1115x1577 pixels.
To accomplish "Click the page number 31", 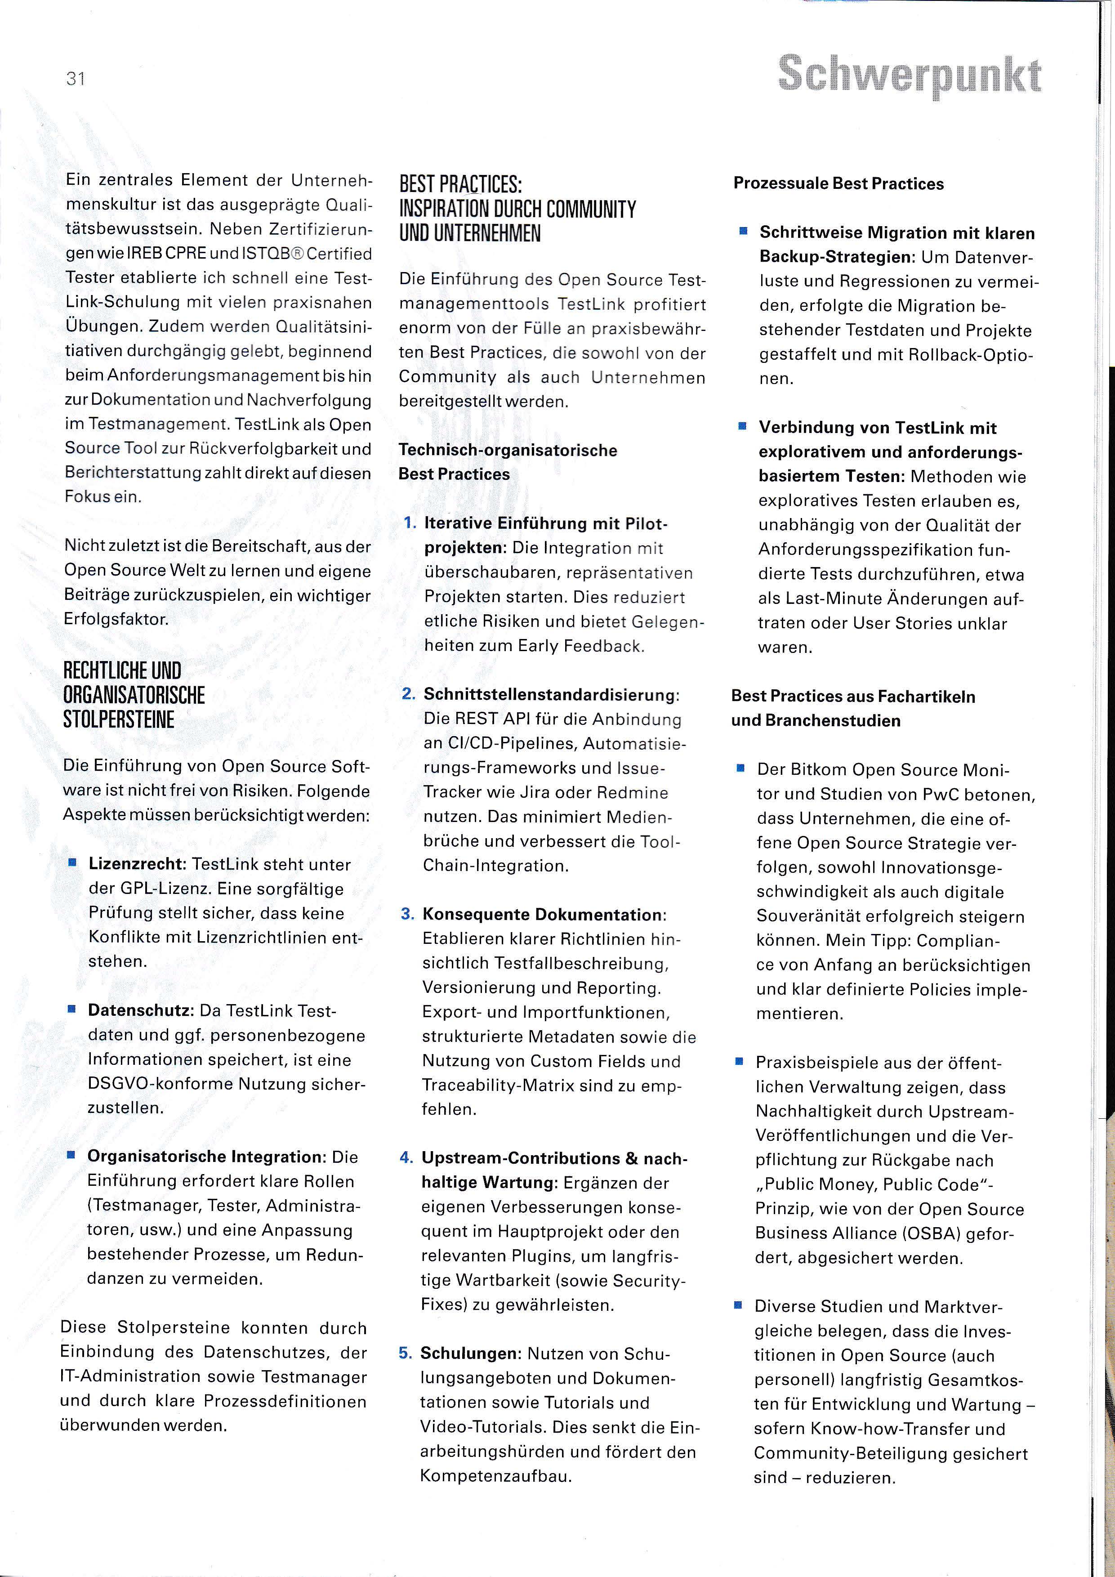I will pos(76,79).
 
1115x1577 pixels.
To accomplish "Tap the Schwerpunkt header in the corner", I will pos(910,76).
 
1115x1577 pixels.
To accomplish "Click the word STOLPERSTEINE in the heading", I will pos(118,720).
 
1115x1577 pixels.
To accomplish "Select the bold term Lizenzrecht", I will pos(138,864).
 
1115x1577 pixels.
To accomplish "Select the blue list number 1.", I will pos(410,523).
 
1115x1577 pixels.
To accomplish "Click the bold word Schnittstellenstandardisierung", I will pos(549,694).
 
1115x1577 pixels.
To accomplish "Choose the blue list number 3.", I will pos(407,914).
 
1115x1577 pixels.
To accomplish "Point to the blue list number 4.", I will pos(406,1158).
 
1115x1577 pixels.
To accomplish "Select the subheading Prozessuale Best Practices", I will pos(838,183).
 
